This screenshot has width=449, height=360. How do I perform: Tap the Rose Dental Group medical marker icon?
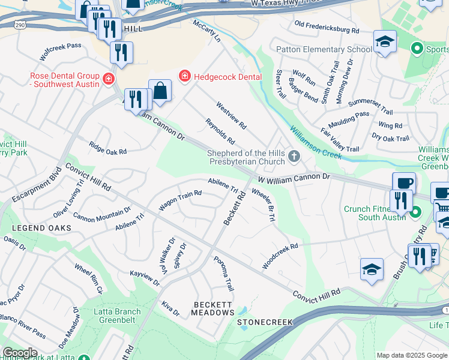(108, 79)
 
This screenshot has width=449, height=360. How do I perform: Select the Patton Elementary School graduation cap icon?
(384, 42)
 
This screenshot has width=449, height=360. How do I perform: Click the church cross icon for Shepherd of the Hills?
(294, 157)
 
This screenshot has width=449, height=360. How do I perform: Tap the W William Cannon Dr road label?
(294, 178)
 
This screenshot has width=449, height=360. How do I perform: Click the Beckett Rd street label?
(235, 209)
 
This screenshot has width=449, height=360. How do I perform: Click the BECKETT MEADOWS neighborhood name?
(213, 308)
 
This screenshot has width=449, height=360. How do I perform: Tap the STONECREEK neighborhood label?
(265, 322)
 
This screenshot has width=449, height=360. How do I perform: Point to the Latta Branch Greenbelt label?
(117, 316)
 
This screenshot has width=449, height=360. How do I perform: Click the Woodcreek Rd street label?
(280, 256)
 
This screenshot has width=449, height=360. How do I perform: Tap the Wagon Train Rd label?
(179, 200)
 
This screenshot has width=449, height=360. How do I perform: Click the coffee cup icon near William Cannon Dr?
(404, 183)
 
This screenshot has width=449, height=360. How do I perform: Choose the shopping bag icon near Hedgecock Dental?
(160, 91)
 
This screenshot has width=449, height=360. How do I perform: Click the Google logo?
(20, 353)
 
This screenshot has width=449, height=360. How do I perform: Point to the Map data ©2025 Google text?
(411, 355)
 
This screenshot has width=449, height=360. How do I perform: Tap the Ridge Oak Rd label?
(108, 149)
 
